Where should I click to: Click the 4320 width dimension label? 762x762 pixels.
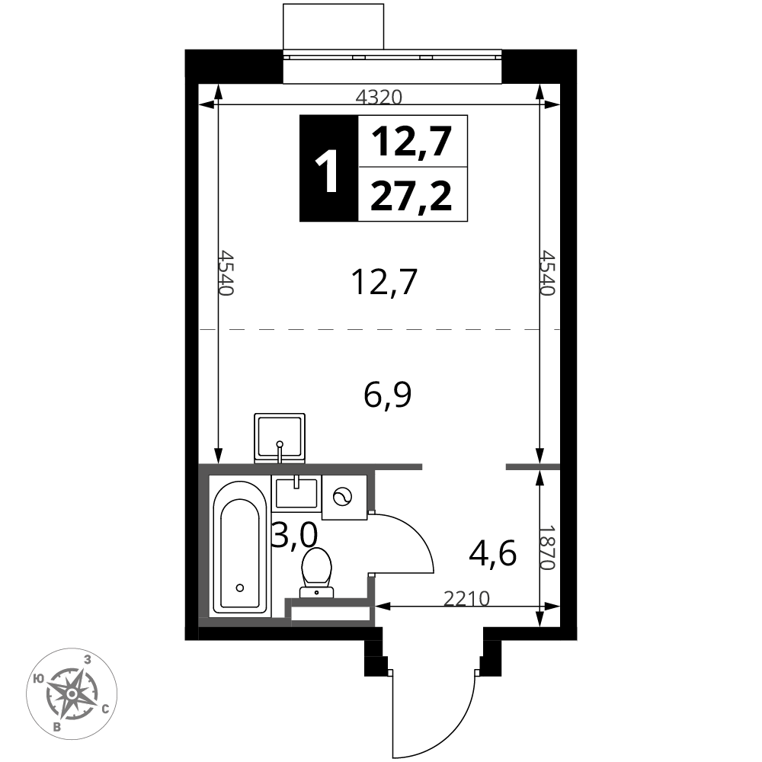tap(379, 98)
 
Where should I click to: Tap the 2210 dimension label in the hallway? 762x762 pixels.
tap(466, 599)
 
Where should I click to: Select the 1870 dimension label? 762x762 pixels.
tap(548, 548)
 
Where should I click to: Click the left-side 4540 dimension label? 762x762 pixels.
tap(226, 273)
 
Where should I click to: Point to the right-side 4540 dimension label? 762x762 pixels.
tap(548, 273)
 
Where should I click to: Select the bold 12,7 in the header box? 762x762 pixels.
tap(411, 142)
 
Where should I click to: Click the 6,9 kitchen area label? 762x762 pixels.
tap(387, 395)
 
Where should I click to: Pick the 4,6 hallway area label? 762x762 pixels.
tap(492, 553)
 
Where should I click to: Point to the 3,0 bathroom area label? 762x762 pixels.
tap(295, 535)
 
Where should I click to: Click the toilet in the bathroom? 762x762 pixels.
tap(317, 572)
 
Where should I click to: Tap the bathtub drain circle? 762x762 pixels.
tap(239, 588)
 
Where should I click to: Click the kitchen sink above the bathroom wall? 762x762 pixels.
tap(280, 438)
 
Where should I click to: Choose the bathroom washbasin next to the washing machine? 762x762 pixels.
tap(296, 493)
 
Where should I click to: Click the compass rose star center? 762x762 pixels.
tap(72, 693)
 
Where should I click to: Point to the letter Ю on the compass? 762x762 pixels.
tap(39, 679)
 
